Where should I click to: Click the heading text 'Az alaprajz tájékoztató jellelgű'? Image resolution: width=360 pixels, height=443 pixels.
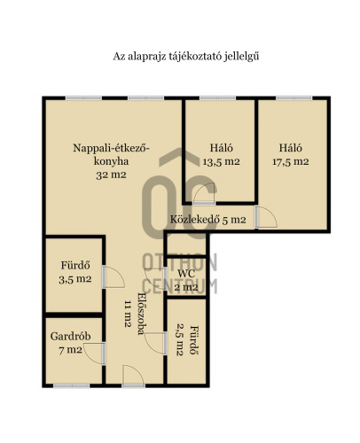[186, 57]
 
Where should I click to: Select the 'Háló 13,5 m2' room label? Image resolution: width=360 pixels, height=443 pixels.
[222, 154]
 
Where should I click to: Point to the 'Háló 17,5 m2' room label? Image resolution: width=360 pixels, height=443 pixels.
[291, 154]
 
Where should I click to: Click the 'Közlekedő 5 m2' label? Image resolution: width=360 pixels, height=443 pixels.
[208, 220]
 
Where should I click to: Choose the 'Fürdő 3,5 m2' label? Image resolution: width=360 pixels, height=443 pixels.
[75, 272]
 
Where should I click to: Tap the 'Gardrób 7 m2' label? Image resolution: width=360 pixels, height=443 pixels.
[71, 343]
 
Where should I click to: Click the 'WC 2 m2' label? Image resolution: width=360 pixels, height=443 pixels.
[186, 280]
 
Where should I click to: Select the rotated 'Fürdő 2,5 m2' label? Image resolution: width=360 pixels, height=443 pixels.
[187, 340]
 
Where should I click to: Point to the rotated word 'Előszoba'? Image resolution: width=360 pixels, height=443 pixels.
[142, 314]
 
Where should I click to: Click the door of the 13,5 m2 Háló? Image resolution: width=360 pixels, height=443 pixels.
[205, 193]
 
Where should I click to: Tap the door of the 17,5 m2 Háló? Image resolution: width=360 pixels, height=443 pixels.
[266, 217]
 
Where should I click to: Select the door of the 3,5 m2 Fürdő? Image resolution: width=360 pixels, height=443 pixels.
[113, 277]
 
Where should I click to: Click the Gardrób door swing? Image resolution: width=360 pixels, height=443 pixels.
[94, 354]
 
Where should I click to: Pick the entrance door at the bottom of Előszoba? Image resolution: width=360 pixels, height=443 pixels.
[133, 376]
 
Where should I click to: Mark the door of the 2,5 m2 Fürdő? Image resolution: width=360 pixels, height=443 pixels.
[156, 343]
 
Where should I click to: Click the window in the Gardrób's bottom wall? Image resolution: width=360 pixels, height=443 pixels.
[71, 385]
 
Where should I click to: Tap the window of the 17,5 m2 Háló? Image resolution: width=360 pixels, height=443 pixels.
[294, 98]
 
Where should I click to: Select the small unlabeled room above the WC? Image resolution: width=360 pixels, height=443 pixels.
[186, 245]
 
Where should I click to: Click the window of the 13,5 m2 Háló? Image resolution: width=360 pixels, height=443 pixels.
[218, 98]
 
